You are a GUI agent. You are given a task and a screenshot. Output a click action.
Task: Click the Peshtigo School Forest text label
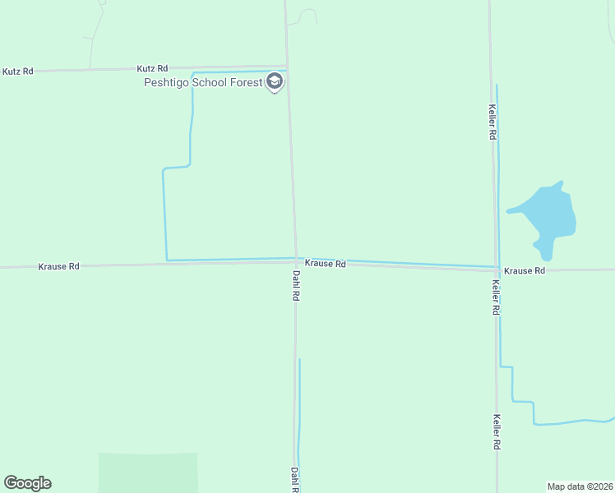pyautogui.click(x=203, y=82)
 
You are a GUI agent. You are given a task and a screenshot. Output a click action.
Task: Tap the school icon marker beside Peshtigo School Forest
pyautogui.click(x=275, y=82)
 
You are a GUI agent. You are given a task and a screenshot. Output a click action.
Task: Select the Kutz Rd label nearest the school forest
pyautogui.click(x=152, y=68)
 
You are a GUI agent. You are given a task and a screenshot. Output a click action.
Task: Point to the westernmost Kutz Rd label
pyautogui.click(x=17, y=71)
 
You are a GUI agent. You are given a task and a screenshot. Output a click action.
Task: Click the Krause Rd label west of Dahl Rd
pyautogui.click(x=58, y=266)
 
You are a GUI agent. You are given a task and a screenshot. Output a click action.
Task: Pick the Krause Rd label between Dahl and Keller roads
pyautogui.click(x=325, y=264)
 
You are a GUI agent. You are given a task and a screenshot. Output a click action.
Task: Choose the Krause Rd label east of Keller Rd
pyautogui.click(x=525, y=270)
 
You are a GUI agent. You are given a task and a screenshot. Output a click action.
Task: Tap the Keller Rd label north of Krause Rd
pyautogui.click(x=492, y=122)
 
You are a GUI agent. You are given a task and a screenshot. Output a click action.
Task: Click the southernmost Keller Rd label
pyautogui.click(x=497, y=431)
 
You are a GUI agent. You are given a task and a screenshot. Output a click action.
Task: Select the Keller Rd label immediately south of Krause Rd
pyautogui.click(x=496, y=297)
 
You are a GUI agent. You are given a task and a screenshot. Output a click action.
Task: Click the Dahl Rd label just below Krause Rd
pyautogui.click(x=295, y=284)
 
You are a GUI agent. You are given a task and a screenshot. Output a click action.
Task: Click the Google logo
pyautogui.click(x=27, y=483)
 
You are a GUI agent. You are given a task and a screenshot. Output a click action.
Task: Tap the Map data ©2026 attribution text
pyautogui.click(x=580, y=486)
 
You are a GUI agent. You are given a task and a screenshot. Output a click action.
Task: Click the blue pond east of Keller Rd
pyautogui.click(x=547, y=214)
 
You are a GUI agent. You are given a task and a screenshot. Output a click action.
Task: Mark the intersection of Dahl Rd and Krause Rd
pyautogui.click(x=296, y=260)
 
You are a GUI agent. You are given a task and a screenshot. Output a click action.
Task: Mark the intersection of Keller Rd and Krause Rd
pyautogui.click(x=496, y=270)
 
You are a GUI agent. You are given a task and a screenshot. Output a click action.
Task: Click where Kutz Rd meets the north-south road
pyautogui.click(x=287, y=67)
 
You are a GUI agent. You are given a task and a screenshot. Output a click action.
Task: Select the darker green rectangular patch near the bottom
pyautogui.click(x=148, y=472)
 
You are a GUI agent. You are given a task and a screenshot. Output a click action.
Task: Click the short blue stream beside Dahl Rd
pyautogui.click(x=299, y=411)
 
